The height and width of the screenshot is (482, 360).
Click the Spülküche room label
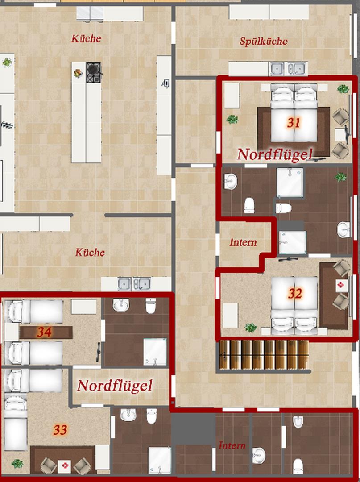pos(264,42)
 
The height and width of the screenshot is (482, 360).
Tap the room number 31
pos(294,123)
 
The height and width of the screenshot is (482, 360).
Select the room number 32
pos(294,294)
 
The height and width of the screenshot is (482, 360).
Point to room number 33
pos(60,429)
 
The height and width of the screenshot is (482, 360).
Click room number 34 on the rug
pos(44,332)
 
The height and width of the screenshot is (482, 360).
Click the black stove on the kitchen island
pos(93,73)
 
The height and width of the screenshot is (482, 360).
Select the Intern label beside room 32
pos(243,242)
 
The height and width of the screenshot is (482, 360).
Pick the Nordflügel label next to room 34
pos(115,385)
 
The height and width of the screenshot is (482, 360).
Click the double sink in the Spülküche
pos(287,69)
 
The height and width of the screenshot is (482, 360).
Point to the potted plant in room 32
pos(251,328)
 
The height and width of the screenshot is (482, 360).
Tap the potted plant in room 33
pos(17,463)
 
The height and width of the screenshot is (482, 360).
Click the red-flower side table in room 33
pos(65,466)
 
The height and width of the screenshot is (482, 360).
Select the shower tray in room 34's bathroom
pos(155,352)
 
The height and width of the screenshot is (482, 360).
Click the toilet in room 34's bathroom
pos(150,306)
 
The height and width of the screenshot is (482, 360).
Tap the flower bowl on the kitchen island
pos(78,73)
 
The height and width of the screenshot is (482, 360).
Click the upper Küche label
pos(86,39)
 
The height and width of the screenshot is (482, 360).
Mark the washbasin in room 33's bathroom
pos(128,415)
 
